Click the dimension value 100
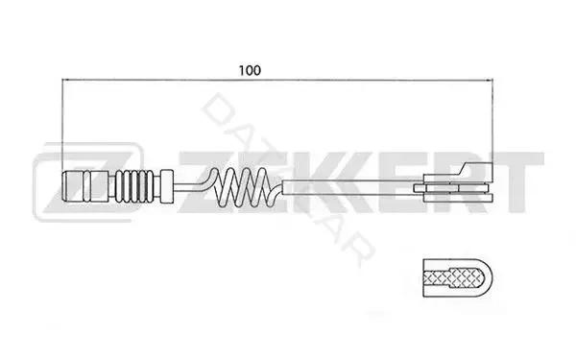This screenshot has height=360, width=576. point(250,70)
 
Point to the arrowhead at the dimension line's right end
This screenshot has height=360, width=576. point(489,80)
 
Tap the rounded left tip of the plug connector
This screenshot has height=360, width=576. point(64,186)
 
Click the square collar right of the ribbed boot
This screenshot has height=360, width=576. point(167,186)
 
